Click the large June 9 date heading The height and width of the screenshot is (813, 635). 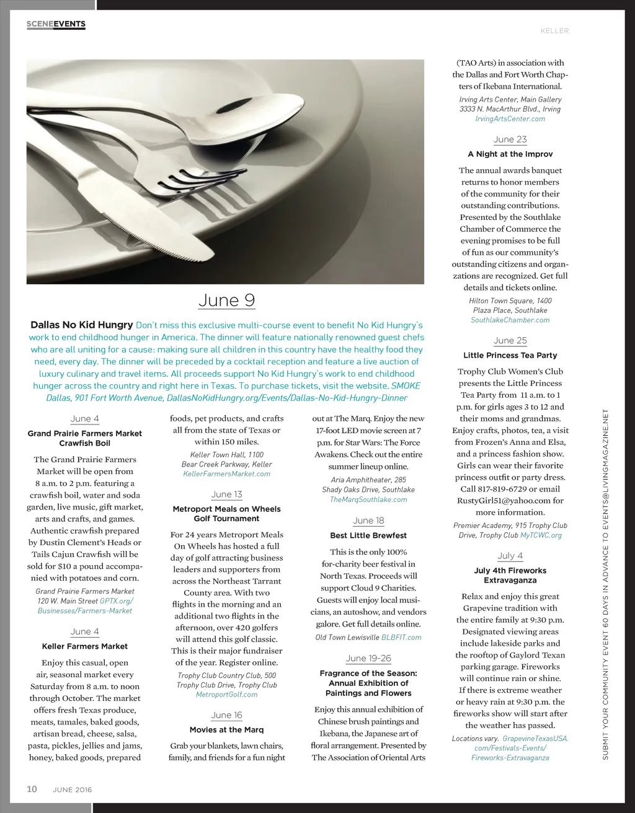coord(226,301)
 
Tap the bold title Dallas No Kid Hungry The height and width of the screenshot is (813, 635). coord(82,325)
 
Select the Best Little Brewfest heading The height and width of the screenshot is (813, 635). coord(368,535)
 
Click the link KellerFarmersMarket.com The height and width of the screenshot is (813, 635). coord(226,474)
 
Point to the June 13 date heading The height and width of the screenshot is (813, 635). coord(226,494)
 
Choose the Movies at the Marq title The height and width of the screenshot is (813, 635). coord(226,730)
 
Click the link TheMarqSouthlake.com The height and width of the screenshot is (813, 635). coord(368,499)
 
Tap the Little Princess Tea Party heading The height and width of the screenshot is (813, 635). coord(510,356)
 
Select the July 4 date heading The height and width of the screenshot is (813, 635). coord(510,556)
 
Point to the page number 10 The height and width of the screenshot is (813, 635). coord(32,789)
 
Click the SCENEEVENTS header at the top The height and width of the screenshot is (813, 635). coord(56,24)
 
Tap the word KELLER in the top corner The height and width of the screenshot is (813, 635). coord(554,31)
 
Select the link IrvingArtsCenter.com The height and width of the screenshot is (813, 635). coord(510,119)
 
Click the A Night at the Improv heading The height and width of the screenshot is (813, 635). coord(510,154)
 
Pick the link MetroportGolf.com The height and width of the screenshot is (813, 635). coord(226,695)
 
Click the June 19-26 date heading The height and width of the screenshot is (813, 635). coord(368,658)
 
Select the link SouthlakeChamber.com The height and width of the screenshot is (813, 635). coord(510,320)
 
